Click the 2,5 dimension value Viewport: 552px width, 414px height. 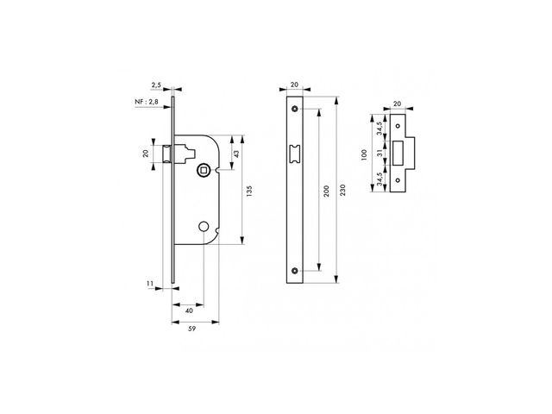(156, 85)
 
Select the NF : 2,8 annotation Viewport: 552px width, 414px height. (147, 102)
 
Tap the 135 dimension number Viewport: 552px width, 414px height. (249, 191)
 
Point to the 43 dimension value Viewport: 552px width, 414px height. (236, 154)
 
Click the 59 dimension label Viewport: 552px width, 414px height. (191, 329)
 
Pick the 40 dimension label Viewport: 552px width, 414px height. (189, 310)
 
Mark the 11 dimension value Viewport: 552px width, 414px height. (150, 284)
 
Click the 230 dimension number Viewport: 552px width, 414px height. (343, 190)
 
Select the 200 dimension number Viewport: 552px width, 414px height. (326, 191)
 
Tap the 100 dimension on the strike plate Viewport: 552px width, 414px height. (364, 155)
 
